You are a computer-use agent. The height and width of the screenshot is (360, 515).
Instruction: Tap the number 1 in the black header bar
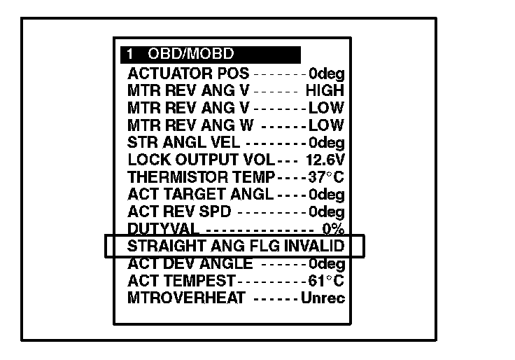130,55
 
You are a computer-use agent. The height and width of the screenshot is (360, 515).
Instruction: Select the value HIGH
325,90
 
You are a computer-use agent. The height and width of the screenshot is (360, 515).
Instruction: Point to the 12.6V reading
325,160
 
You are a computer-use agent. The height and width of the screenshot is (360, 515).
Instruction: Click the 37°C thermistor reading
327,177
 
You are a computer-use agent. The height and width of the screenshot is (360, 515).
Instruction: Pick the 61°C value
327,282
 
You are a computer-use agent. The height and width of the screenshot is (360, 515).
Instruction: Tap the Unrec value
323,298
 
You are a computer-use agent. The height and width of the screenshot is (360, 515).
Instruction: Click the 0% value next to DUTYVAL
333,229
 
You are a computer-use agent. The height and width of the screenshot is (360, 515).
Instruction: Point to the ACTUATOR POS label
188,73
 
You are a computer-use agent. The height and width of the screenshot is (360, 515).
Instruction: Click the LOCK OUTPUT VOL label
191,160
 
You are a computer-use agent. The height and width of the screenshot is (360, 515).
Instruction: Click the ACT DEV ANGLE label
190,264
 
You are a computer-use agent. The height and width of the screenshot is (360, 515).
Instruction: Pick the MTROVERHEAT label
186,298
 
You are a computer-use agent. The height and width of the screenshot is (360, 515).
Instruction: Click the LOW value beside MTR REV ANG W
327,125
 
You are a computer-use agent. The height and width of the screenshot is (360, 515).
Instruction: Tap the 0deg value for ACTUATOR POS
327,73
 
